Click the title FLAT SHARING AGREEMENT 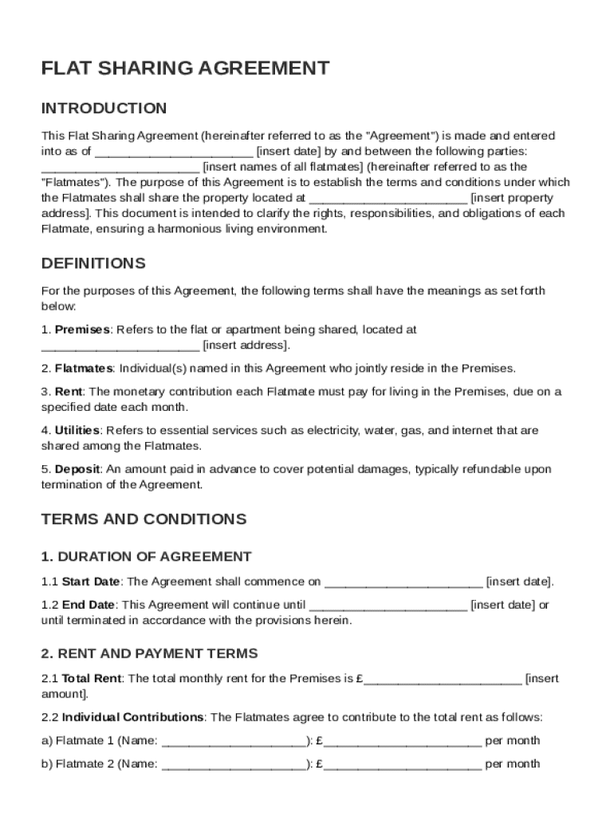[185, 68]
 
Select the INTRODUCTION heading [104, 108]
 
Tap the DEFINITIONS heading [93, 263]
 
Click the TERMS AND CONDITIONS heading [144, 519]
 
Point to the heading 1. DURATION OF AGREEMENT [146, 557]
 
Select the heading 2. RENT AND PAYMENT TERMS [149, 653]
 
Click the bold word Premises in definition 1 [82, 330]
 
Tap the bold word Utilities [77, 431]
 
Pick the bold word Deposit [78, 469]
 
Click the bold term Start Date [91, 582]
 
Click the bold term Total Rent [92, 679]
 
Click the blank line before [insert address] [120, 346]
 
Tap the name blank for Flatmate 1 [234, 741]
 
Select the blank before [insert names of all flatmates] [120, 168]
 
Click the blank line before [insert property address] [388, 199]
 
